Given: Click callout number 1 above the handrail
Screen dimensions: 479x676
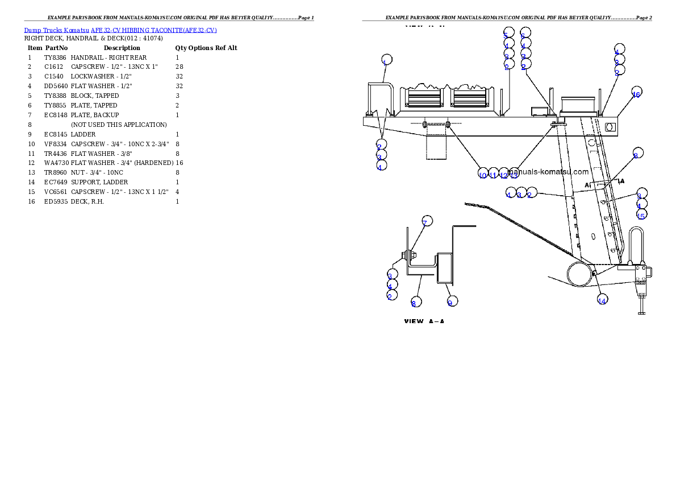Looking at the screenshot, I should pos(386,61).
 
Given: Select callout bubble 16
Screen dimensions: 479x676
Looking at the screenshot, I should pos(636,94).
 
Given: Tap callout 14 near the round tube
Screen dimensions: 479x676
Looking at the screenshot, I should pos(602,300).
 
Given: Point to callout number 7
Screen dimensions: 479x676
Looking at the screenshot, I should pos(426,221).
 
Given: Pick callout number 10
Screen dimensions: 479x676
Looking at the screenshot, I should pos(483,174).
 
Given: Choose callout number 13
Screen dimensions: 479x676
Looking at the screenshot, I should pos(514,174).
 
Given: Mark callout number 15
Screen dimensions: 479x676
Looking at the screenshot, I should pos(641,215).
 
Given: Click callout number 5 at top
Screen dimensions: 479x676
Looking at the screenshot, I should pos(507,34).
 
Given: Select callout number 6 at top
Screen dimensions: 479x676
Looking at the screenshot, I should pos(524,34).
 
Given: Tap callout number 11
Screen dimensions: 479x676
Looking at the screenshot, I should pos(493,174).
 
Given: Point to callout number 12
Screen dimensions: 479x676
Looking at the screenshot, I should pos(503,174).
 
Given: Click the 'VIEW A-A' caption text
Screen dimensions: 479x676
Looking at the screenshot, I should pos(424,321).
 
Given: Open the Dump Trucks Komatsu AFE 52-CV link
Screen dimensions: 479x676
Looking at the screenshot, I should pos(120,30).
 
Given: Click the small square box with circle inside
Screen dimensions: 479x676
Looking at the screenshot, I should pos(611,126).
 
